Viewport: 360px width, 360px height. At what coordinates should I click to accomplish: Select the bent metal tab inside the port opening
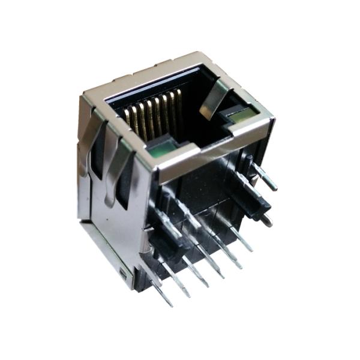(x=214, y=99)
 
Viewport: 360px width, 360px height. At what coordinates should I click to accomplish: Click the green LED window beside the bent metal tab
(x=238, y=113)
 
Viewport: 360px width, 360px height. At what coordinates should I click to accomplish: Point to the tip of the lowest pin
(x=170, y=303)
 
